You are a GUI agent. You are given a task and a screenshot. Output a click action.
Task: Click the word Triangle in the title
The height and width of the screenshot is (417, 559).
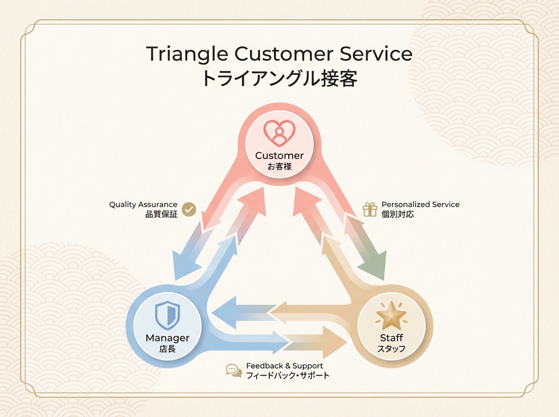coord(187,54)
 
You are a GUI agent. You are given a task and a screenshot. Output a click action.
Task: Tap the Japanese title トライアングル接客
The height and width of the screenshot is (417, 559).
coord(279,79)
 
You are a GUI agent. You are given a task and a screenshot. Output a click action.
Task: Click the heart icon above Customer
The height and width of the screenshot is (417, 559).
coord(279,133)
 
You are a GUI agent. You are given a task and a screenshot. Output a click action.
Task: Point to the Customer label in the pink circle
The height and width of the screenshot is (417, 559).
coord(279,156)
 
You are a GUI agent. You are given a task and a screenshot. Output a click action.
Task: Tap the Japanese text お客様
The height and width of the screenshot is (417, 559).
coord(279,167)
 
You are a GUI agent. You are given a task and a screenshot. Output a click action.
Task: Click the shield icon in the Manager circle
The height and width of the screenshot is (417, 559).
coord(167,315)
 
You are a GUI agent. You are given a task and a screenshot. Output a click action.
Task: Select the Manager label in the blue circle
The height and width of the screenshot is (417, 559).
coord(167,338)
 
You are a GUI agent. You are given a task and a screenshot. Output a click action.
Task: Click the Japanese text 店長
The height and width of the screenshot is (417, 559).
coord(167,349)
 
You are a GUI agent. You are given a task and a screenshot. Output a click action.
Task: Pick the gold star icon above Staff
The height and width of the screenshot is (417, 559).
coord(391,315)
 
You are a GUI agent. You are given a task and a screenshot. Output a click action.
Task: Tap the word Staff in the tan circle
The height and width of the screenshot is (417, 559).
coord(391,338)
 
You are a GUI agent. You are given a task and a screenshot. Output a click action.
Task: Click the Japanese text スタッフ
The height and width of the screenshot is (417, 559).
coord(391,349)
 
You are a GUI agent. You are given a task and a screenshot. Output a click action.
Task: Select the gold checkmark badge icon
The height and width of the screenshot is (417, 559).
coord(189,209)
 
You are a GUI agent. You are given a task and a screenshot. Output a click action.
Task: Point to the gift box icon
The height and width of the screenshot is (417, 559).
coord(370,209)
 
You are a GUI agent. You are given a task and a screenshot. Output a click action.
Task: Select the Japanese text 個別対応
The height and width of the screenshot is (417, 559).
coord(397,214)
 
